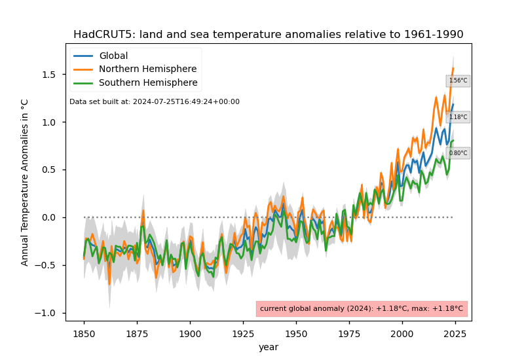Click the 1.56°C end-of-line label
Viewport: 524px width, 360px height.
tap(458, 81)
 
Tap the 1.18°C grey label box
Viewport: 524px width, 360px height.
tap(458, 117)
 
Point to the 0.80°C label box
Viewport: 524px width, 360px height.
tap(458, 153)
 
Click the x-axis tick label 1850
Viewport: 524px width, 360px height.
tap(84, 333)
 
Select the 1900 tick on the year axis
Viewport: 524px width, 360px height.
tap(190, 333)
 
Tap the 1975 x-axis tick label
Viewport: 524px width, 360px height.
tap(349, 333)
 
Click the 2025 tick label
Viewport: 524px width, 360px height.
tap(455, 333)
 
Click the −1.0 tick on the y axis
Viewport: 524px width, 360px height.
tap(48, 313)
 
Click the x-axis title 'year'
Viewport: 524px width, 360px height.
tap(268, 347)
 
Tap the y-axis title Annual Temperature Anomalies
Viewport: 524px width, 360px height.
tap(25, 182)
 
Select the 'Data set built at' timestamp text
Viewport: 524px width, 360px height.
tap(155, 102)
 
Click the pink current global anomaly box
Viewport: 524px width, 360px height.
tap(362, 308)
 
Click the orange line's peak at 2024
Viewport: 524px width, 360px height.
tap(453, 68)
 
